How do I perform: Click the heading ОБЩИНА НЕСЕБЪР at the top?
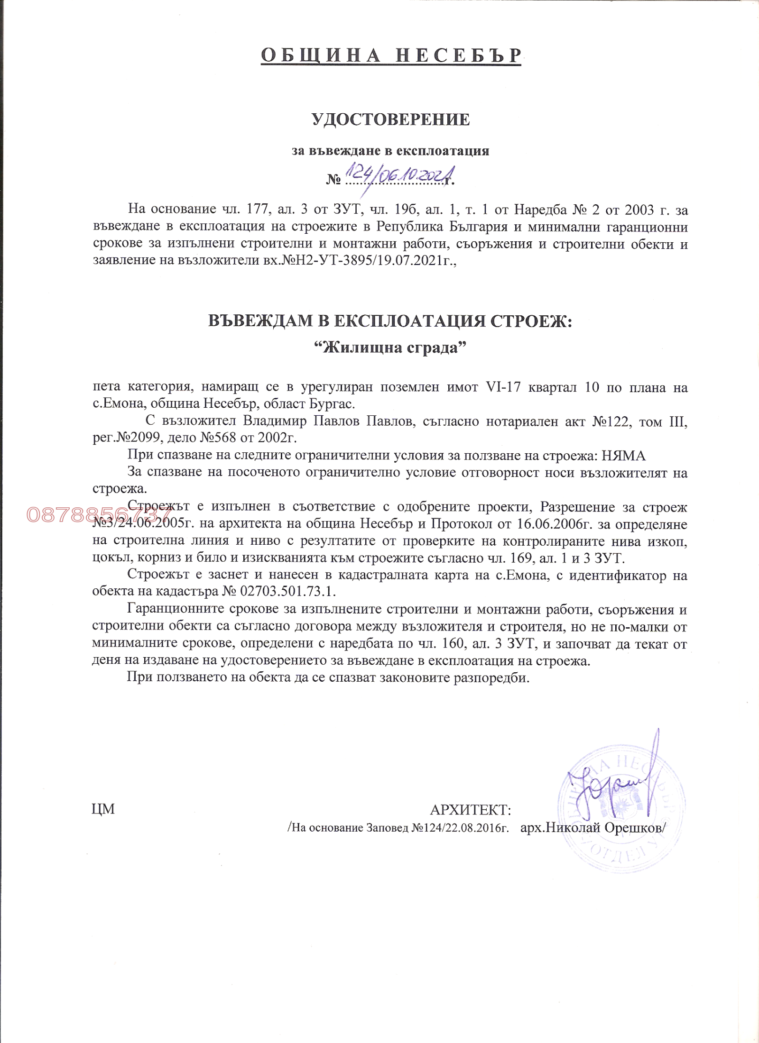391,56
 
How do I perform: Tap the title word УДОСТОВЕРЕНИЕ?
391,119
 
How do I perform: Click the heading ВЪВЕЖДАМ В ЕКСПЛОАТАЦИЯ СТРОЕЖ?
390,321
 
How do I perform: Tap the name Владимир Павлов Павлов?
327,421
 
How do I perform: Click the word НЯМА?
624,456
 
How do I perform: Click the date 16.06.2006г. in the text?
552,524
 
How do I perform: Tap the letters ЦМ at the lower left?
103,809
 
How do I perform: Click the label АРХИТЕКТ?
470,809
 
